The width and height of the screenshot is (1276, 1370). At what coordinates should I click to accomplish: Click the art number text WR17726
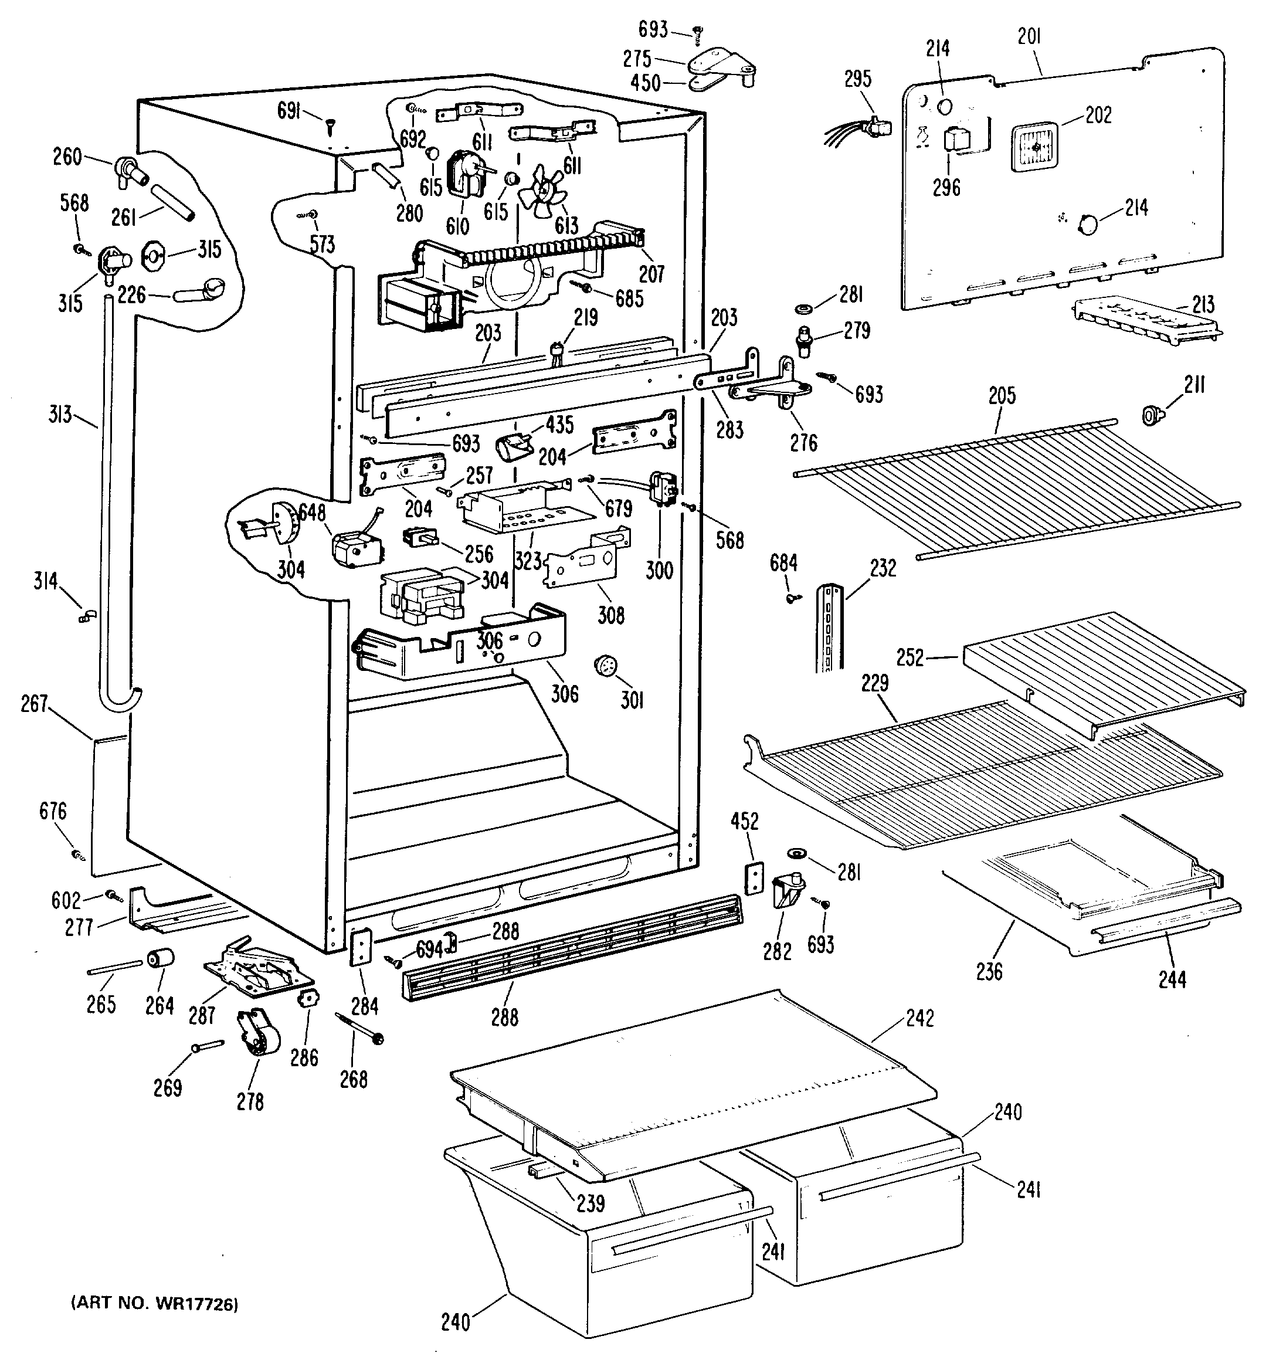pyautogui.click(x=154, y=1304)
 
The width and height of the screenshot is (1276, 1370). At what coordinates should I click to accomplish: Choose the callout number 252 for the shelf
pyautogui.click(x=910, y=657)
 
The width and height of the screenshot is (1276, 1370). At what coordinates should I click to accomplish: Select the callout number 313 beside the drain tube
pyautogui.click(x=60, y=414)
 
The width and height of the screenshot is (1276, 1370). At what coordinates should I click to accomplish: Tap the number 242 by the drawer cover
pyautogui.click(x=920, y=1019)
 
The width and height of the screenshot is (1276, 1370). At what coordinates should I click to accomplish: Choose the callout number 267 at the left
pyautogui.click(x=35, y=704)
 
